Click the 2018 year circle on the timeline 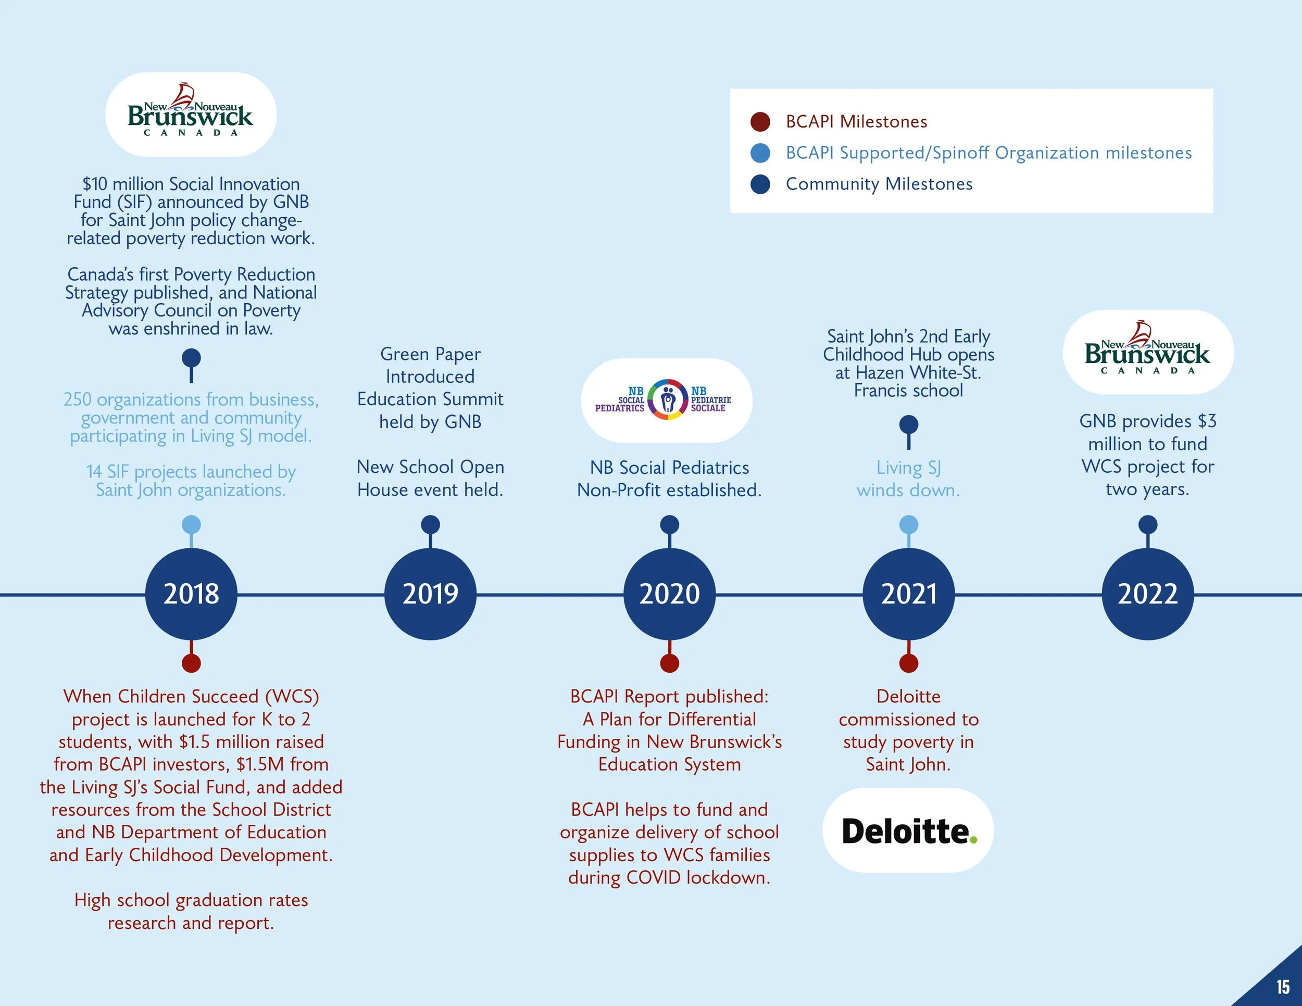[x=191, y=594]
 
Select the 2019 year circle [x=430, y=594]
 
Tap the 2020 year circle [x=669, y=594]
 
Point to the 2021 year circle [x=909, y=594]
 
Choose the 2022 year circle [x=1148, y=594]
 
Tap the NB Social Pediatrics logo [x=667, y=400]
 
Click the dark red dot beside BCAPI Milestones [x=760, y=121]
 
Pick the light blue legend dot [x=760, y=153]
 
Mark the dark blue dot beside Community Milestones [x=760, y=184]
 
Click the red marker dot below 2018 [x=191, y=663]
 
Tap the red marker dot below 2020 [x=669, y=663]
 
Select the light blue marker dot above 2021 [x=909, y=524]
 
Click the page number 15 [x=1283, y=987]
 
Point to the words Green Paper [x=430, y=354]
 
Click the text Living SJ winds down [x=909, y=479]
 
